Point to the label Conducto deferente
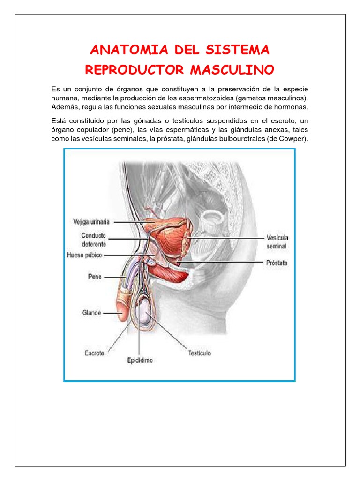[93, 240]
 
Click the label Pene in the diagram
[95, 277]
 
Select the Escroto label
[94, 353]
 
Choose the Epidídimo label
[140, 361]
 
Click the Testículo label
[199, 353]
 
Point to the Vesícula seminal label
[277, 241]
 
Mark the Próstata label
[277, 263]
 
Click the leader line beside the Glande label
[112, 313]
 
